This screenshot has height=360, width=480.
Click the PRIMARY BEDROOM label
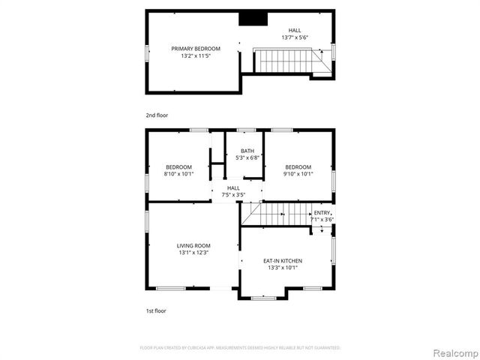coord(190,49)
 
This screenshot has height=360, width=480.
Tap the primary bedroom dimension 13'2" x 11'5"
coord(190,56)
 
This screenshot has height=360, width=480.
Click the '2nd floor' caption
coord(157,115)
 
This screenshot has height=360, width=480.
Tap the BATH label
coord(247,151)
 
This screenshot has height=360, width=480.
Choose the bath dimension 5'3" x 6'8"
coord(247,158)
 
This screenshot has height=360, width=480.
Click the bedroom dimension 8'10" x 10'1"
coord(178,174)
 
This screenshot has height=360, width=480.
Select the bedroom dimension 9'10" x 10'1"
coord(298,174)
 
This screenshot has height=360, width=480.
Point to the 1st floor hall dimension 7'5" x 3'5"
coord(233,195)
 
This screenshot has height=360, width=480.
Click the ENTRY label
coord(322,212)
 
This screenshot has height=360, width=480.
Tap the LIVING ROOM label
coord(193,246)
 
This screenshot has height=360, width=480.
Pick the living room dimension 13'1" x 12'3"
coord(193,253)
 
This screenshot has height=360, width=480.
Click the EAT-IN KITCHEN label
coord(282,260)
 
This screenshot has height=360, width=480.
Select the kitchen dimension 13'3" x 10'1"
coord(282,268)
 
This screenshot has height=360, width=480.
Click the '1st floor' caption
coord(156,310)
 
